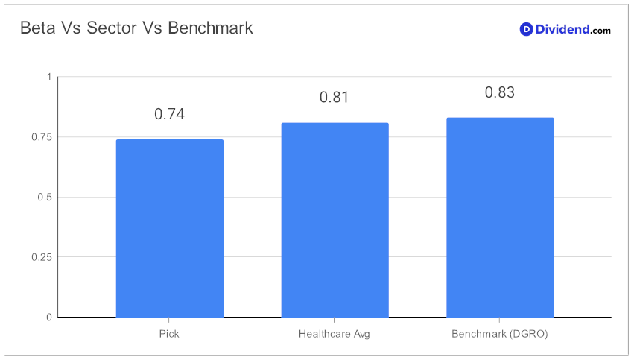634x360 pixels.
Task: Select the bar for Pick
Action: coord(169,228)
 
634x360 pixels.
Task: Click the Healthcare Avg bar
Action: coord(335,220)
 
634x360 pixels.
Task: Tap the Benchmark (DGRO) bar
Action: coord(500,217)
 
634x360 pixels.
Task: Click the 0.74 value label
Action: coord(169,114)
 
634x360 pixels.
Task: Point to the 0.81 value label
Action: coord(334,97)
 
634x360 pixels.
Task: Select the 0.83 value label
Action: coord(500,92)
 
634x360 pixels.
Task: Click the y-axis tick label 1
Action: coord(49,77)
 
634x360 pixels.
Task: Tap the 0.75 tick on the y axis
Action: coord(42,137)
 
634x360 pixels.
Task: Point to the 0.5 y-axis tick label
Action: coord(45,197)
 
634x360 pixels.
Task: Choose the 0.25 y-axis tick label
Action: coord(42,257)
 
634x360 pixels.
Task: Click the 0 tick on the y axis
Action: coord(49,317)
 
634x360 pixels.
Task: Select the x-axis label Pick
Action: coord(169,334)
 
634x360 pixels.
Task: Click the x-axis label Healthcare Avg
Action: coord(334,334)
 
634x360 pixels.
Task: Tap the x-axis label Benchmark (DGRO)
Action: coord(500,334)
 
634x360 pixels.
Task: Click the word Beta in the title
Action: coord(37,28)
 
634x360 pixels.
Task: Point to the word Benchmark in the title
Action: coord(210,28)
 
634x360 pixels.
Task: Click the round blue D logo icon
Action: coord(526,29)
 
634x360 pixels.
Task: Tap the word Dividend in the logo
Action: coord(562,29)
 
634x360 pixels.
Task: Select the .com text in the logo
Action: coord(600,31)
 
